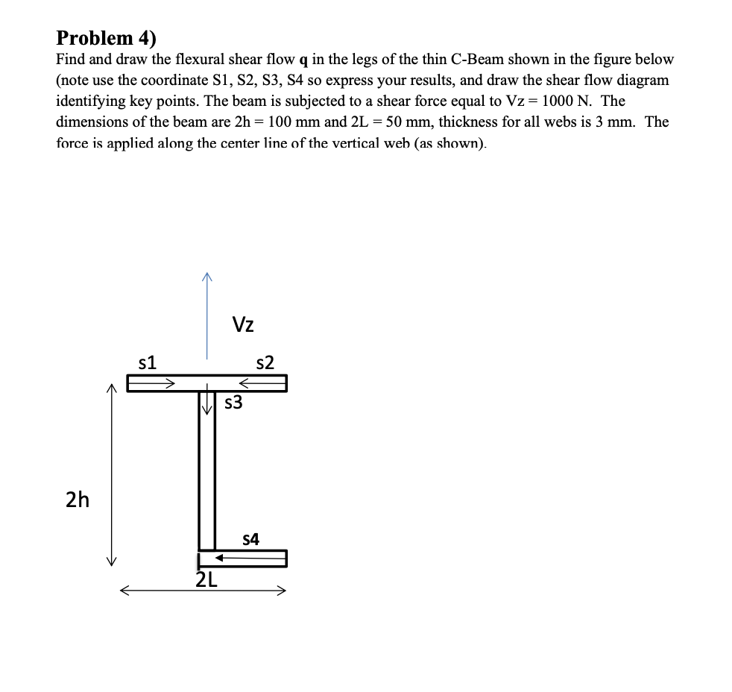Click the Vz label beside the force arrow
point(243,324)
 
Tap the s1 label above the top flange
point(148,363)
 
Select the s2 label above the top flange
point(265,363)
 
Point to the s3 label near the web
point(233,403)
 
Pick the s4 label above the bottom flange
point(252,538)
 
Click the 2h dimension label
point(77,500)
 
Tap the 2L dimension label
point(206,579)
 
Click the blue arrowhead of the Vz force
point(206,277)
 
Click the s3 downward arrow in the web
point(206,404)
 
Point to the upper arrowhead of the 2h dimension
point(112,389)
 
